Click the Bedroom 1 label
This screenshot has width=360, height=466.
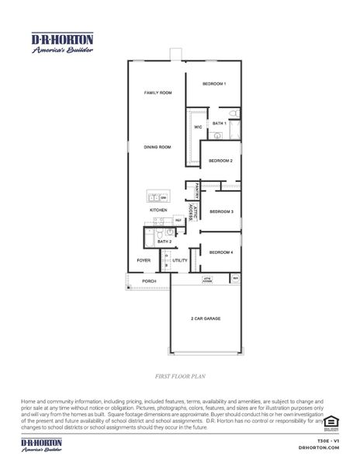point(214,83)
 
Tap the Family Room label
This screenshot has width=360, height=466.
point(157,92)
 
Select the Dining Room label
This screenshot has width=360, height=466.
point(157,147)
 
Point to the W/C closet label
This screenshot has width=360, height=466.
point(197,127)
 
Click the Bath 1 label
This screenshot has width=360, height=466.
point(220,123)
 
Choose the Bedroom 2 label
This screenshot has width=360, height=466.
point(221,161)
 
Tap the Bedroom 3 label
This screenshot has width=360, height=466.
point(221,211)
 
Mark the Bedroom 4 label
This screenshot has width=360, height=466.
point(221,252)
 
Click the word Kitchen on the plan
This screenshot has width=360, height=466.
point(158,210)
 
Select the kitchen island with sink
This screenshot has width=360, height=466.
point(158,197)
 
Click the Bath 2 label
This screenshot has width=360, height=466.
point(164,242)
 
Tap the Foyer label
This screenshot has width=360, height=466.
point(144,260)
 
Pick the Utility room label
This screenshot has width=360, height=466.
point(180,260)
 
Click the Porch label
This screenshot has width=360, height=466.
point(150,281)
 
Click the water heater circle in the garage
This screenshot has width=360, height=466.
point(236,278)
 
